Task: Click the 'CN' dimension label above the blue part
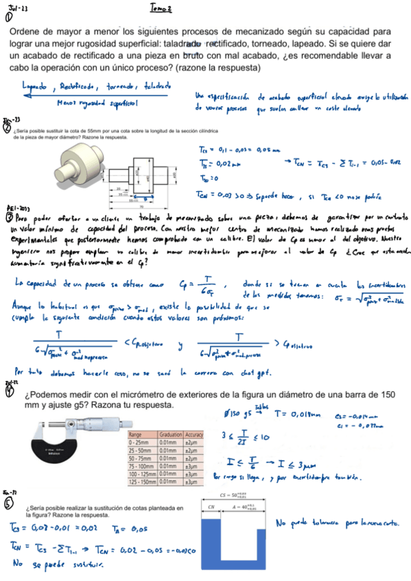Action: (x=210, y=508)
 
